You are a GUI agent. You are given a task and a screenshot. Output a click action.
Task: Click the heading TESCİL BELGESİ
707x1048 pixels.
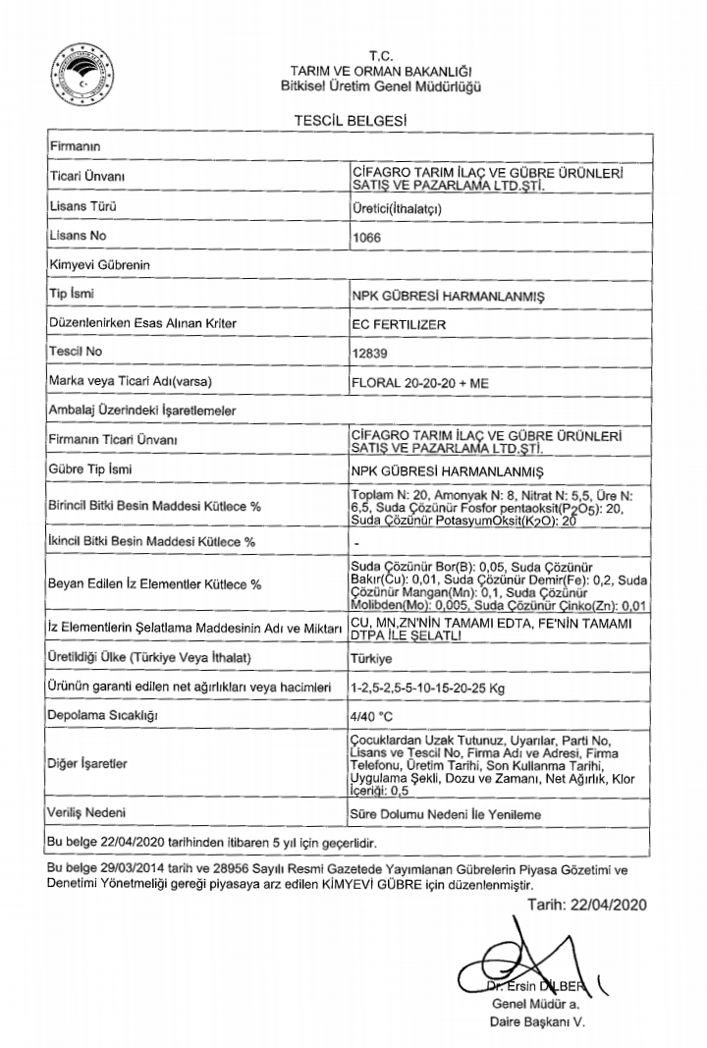(351, 120)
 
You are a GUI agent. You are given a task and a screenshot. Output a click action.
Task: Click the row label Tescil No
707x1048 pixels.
(75, 351)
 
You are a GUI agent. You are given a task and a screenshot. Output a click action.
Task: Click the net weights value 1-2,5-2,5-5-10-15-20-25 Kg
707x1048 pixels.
(431, 688)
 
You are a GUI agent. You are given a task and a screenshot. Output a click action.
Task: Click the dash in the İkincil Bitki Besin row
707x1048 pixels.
(354, 542)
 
